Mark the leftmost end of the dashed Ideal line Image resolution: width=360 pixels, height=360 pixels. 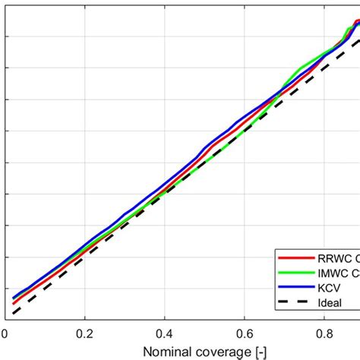[x=14, y=312]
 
